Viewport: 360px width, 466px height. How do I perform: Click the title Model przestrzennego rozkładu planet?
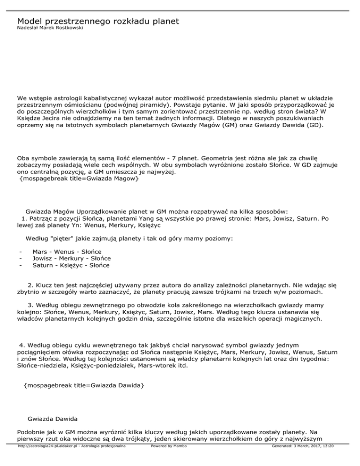pyautogui.click(x=97, y=22)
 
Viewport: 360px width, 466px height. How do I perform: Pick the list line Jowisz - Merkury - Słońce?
pyautogui.click(x=72, y=258)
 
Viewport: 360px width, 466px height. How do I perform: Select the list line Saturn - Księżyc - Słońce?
pyautogui.click(x=71, y=265)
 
